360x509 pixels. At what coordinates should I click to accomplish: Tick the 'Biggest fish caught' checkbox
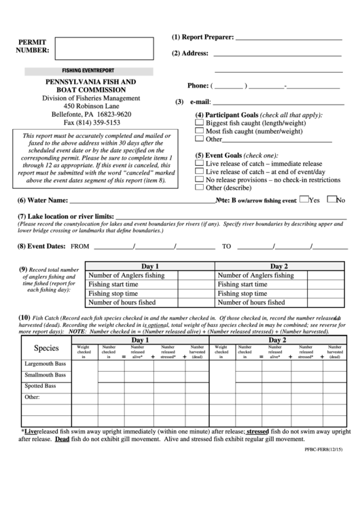coord(200,123)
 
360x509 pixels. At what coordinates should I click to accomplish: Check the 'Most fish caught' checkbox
coord(200,131)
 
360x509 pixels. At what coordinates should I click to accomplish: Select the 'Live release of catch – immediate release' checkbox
coord(200,163)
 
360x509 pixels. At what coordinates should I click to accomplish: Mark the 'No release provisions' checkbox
coord(200,179)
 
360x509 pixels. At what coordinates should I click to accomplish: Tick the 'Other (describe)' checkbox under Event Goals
coord(200,188)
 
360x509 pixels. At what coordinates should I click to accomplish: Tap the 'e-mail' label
coord(200,102)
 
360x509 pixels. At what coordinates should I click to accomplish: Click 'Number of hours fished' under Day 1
coord(122,302)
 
